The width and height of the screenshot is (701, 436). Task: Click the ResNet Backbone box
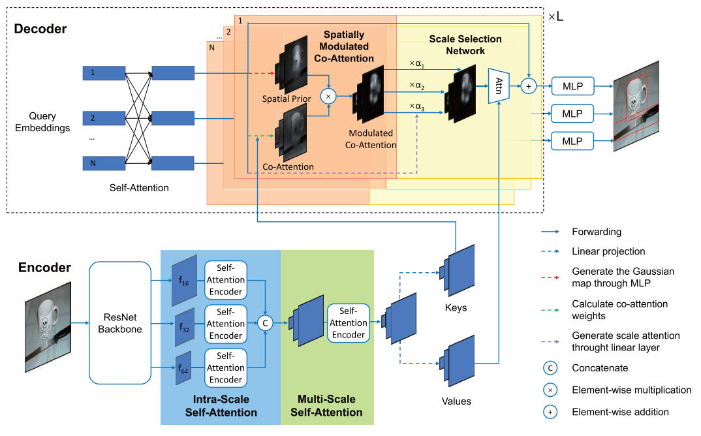click(x=120, y=322)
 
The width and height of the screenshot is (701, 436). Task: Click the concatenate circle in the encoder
click(x=265, y=322)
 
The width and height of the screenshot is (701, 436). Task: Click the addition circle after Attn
click(x=528, y=85)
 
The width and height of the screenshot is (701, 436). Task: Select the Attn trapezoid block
click(x=498, y=85)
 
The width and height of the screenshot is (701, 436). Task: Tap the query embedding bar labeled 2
click(x=104, y=118)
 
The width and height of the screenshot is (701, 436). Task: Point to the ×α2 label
click(x=416, y=86)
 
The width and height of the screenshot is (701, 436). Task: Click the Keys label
click(x=456, y=307)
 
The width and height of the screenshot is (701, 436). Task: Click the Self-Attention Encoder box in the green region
click(x=349, y=322)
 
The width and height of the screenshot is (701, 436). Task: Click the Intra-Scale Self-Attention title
click(x=221, y=406)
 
